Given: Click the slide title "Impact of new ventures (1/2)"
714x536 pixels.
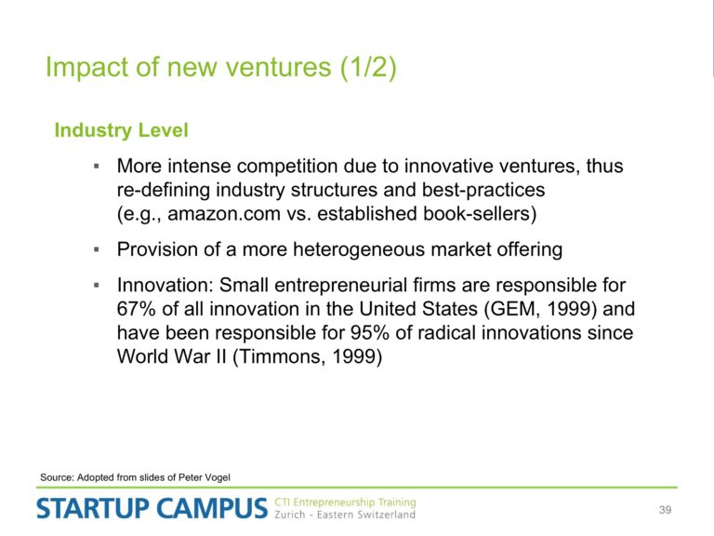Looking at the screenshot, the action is pos(221,67).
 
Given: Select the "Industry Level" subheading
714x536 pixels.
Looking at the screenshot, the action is pos(121,130).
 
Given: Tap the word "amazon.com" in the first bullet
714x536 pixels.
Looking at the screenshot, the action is pos(224,214).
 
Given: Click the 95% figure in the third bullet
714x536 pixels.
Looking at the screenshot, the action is pos(370,333).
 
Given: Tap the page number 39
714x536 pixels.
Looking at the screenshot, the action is pos(665,510).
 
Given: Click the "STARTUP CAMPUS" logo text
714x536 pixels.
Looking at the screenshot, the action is pos(152,508).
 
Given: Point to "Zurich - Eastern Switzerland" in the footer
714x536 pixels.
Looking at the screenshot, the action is pos(345,515).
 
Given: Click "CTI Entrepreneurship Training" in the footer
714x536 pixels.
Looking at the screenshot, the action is pos(345,502).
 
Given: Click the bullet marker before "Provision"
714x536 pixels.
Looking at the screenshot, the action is pos(96,249).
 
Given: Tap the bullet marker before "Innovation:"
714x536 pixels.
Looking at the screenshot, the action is pos(96,286).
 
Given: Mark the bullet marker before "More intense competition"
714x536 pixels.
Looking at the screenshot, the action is pos(96,167).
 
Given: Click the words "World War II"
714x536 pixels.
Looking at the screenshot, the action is pos(172,356).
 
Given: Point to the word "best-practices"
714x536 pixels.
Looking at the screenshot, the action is pos(483,190).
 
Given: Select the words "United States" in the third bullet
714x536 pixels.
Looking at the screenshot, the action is pos(418,309).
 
